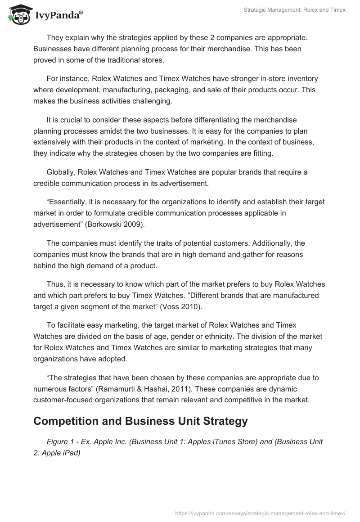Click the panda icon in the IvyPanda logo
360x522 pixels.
pos(17,14)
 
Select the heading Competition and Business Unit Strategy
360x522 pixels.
pos(140,421)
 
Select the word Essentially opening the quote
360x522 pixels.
pos(69,202)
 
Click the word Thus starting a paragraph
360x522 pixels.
pos(54,284)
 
